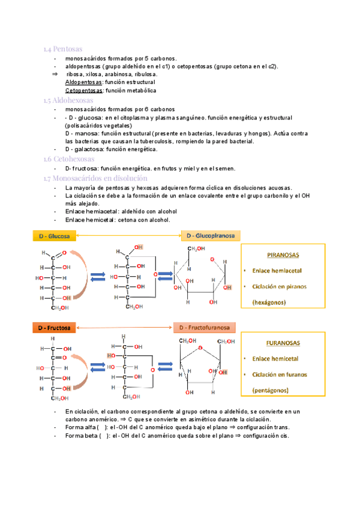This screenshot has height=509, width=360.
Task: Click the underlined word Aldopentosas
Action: (x=83, y=82)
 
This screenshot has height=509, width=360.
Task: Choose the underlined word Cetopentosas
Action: (x=83, y=91)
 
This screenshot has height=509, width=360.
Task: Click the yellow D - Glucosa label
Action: (x=54, y=236)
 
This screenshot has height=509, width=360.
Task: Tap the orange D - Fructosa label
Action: (x=55, y=328)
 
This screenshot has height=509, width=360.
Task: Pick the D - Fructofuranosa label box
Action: (x=204, y=328)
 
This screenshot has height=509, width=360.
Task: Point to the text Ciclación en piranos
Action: (x=280, y=286)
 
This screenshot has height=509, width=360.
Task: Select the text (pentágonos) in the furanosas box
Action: (x=269, y=390)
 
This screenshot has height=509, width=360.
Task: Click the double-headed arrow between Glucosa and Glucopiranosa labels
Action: (x=128, y=236)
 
